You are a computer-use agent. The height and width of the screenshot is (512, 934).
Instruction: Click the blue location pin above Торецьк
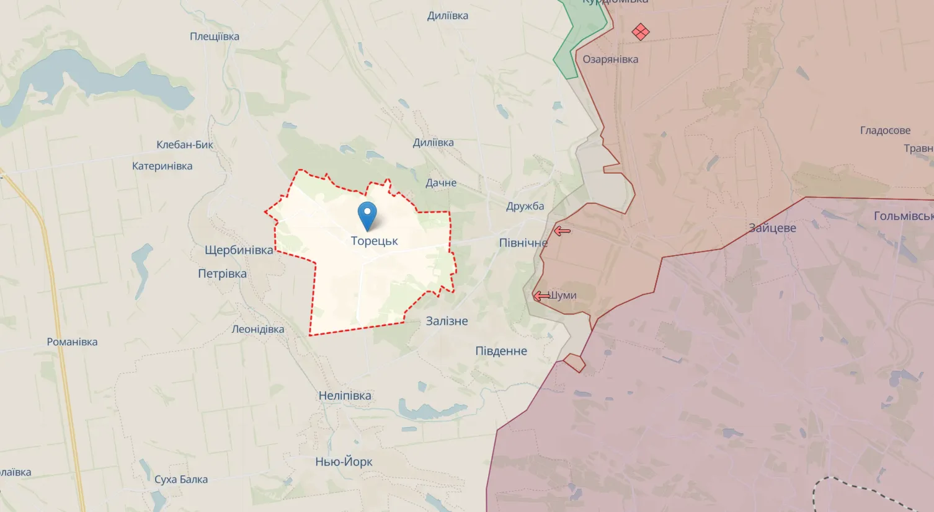coord(367,216)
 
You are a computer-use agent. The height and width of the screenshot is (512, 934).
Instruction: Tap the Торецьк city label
coord(374,241)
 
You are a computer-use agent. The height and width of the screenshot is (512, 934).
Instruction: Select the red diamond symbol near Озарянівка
coord(641,32)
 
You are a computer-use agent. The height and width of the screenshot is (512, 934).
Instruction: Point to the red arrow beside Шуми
coord(541,296)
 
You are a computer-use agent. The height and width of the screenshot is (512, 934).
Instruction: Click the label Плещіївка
coord(215,37)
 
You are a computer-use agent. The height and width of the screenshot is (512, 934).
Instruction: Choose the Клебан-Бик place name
coord(185,145)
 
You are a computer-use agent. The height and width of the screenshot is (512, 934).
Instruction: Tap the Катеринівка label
coord(162,166)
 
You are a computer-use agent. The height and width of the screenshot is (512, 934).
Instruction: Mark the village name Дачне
coord(441,183)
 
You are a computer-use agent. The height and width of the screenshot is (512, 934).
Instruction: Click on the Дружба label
coord(525,206)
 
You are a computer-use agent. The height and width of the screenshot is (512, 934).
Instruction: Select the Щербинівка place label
coord(239,250)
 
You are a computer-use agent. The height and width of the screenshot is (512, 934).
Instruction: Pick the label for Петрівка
coord(222,274)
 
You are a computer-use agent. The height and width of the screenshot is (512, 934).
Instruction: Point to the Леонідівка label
coord(257,329)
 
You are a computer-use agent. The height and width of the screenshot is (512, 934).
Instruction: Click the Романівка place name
coord(72,342)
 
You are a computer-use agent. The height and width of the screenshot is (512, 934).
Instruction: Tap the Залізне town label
coord(447,321)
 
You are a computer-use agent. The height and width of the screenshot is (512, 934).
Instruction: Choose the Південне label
coord(501,351)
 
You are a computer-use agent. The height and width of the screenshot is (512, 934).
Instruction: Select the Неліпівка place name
coord(345,395)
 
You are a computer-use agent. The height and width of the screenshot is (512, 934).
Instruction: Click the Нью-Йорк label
coord(344,462)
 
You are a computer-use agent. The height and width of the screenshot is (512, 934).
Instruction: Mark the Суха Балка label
coord(181,479)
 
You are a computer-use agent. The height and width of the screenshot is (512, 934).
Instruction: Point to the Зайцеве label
coord(772,228)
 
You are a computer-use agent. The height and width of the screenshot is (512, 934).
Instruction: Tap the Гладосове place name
coord(885,131)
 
